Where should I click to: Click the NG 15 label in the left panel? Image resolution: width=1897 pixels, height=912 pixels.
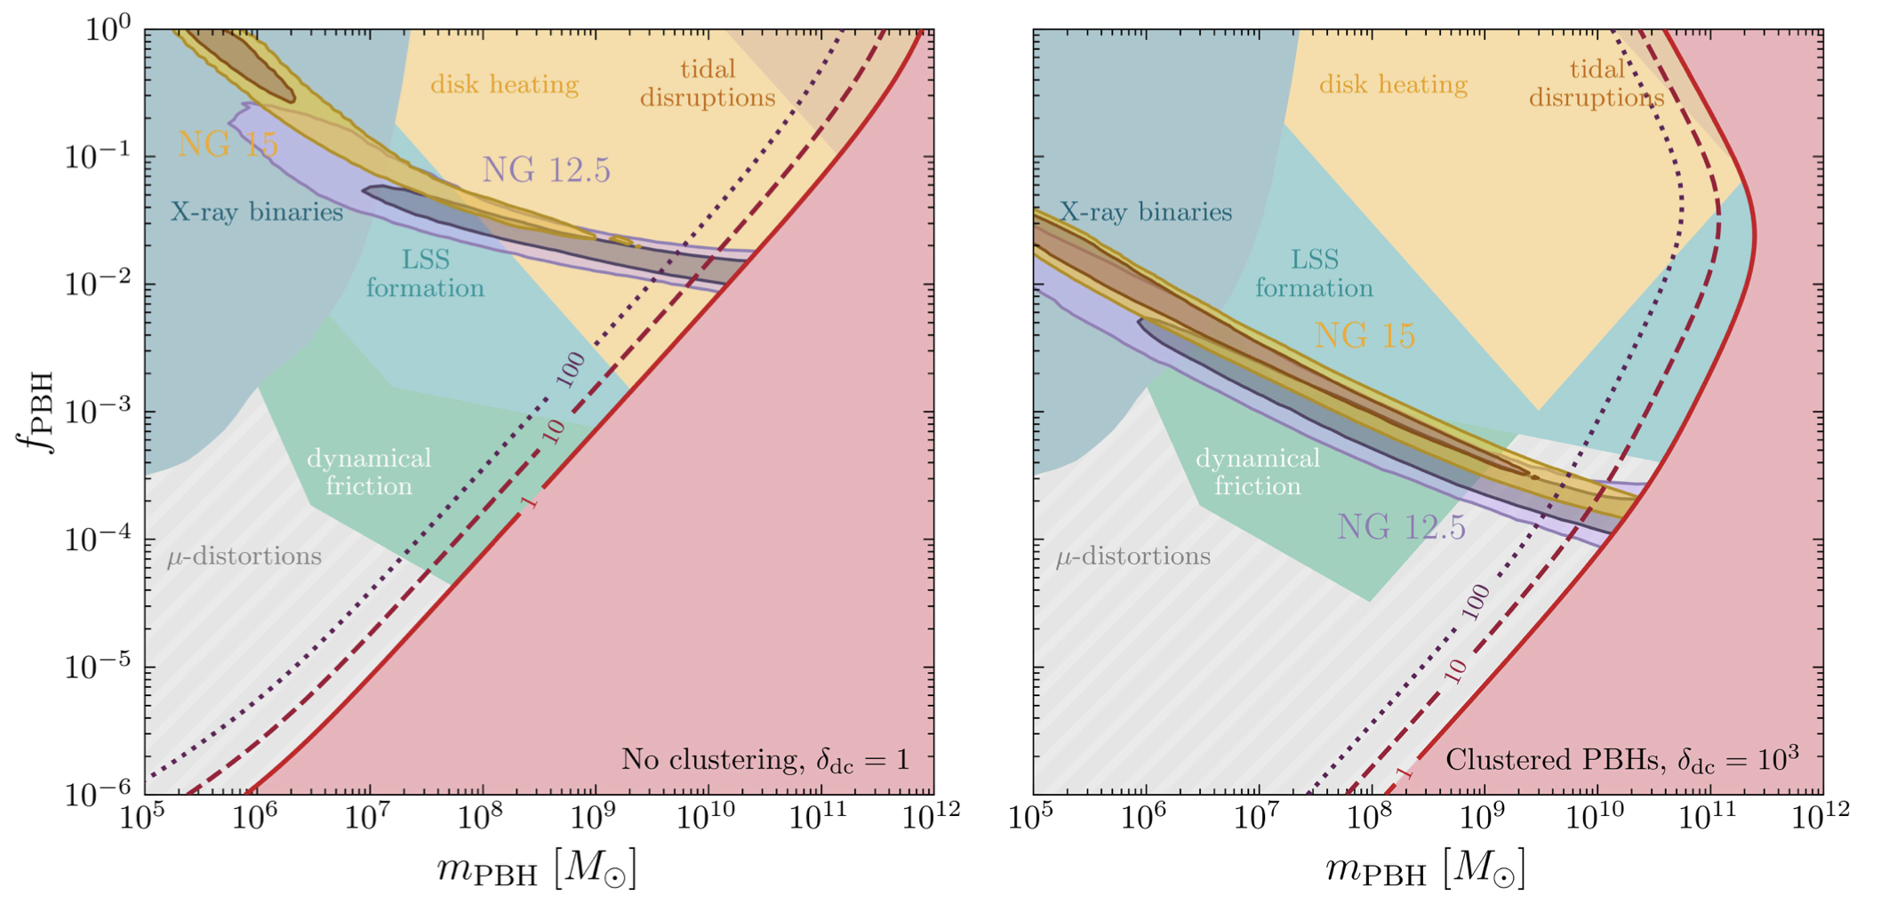[228, 144]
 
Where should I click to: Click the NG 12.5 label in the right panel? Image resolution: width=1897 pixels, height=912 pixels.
[1401, 527]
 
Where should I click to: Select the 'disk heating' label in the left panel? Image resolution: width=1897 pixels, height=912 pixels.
[504, 84]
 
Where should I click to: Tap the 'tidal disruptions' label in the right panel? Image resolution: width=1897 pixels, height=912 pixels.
[1597, 84]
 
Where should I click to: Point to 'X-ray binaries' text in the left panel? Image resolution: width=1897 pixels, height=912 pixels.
[257, 212]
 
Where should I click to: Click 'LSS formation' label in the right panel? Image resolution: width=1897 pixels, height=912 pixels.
[1314, 274]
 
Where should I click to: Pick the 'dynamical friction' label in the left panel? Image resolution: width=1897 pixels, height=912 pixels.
[369, 472]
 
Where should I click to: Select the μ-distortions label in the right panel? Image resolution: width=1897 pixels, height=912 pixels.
[1133, 557]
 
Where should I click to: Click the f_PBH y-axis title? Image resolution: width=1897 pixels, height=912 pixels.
[38, 412]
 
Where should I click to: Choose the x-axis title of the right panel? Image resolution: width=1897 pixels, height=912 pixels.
[1425, 869]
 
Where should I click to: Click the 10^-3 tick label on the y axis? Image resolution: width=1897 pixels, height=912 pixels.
[99, 412]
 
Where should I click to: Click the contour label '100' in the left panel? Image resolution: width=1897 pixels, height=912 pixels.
[571, 369]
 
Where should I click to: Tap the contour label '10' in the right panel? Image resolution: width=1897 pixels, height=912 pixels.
[1455, 672]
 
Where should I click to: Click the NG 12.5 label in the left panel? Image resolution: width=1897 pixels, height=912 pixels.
[546, 170]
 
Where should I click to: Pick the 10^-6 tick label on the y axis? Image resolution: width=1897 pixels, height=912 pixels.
[99, 789]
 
